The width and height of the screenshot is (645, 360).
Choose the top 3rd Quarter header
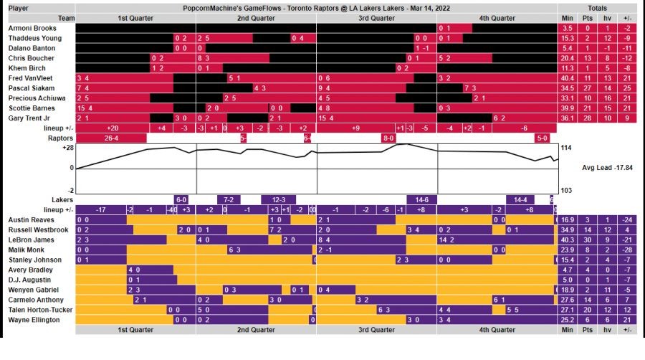[x=376, y=18]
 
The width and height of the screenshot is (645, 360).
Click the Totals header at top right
[x=597, y=8]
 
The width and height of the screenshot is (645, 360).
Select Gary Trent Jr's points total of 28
[x=588, y=118]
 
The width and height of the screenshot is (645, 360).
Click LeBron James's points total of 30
[x=588, y=240]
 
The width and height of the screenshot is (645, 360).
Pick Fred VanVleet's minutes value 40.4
[x=568, y=77]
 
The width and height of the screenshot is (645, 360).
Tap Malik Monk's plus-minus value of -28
[x=627, y=250]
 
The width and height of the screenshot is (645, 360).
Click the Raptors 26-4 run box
[x=111, y=138]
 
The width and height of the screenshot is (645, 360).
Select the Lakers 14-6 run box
[x=417, y=199]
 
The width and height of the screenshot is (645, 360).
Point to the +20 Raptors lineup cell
[x=111, y=128]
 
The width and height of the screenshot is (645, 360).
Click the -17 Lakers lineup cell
[x=101, y=209]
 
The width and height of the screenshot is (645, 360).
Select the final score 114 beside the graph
[x=565, y=148]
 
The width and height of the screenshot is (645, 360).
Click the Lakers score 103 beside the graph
[x=565, y=190]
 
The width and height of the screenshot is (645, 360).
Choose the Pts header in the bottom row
[x=588, y=330]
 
